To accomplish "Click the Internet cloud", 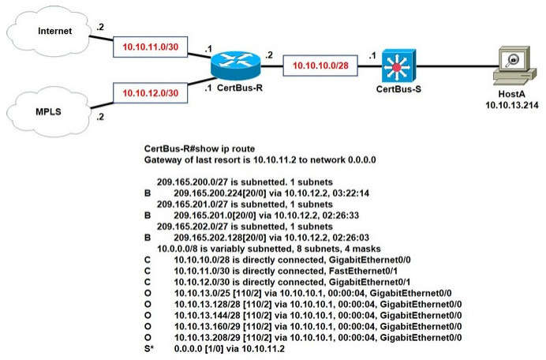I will pyautogui.click(x=44, y=32).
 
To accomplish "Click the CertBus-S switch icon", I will pyautogui.click(x=392, y=65).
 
